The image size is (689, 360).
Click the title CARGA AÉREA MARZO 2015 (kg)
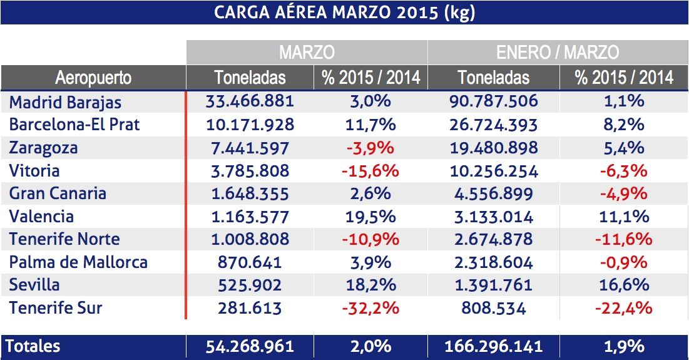coord(344,13)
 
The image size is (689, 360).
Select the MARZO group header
coord(307,52)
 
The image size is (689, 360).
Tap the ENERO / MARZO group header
coord(557,52)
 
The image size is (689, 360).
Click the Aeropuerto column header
coord(93,78)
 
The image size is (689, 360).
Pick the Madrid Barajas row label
coord(65,102)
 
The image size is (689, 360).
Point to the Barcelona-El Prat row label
coord(74,125)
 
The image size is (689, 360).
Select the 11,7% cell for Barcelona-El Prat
coord(370,125)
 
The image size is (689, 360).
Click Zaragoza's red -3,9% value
coord(370,148)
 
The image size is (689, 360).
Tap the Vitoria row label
coord(34,171)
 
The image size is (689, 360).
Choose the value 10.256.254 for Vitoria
coord(493,171)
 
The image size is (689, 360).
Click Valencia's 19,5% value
coord(370,217)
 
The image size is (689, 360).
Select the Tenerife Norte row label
coord(64,240)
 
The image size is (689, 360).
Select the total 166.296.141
coord(493,346)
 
